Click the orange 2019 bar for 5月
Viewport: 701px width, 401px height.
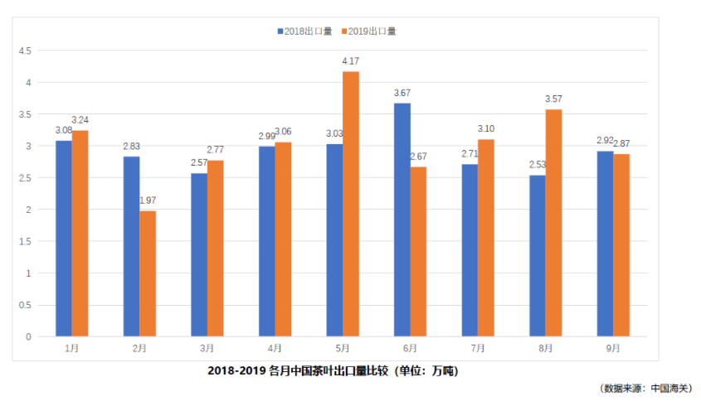[x=350, y=204]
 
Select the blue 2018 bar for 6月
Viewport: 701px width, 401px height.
[x=402, y=220]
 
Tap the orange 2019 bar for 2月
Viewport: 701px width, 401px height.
[x=148, y=273]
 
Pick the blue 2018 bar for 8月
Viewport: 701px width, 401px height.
[x=538, y=256]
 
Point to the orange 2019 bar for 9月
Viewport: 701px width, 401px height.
[x=621, y=245]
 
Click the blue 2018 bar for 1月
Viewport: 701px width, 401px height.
[x=64, y=239]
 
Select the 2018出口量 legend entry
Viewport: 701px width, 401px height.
[x=304, y=31]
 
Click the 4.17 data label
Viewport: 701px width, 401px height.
[x=351, y=61]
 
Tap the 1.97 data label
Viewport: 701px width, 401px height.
[x=148, y=200]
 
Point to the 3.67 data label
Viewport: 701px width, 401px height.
[x=402, y=93]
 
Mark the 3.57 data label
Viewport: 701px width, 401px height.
[x=553, y=99]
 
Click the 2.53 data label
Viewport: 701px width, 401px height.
[x=538, y=165]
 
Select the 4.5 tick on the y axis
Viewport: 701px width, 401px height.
[x=25, y=51]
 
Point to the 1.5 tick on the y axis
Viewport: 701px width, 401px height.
[x=25, y=241]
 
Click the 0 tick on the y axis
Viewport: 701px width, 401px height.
[x=28, y=336]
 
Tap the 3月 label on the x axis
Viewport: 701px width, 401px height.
[x=207, y=349]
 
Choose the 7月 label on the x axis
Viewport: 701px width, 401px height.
[x=478, y=349]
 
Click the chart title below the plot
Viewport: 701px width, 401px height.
[x=333, y=371]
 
